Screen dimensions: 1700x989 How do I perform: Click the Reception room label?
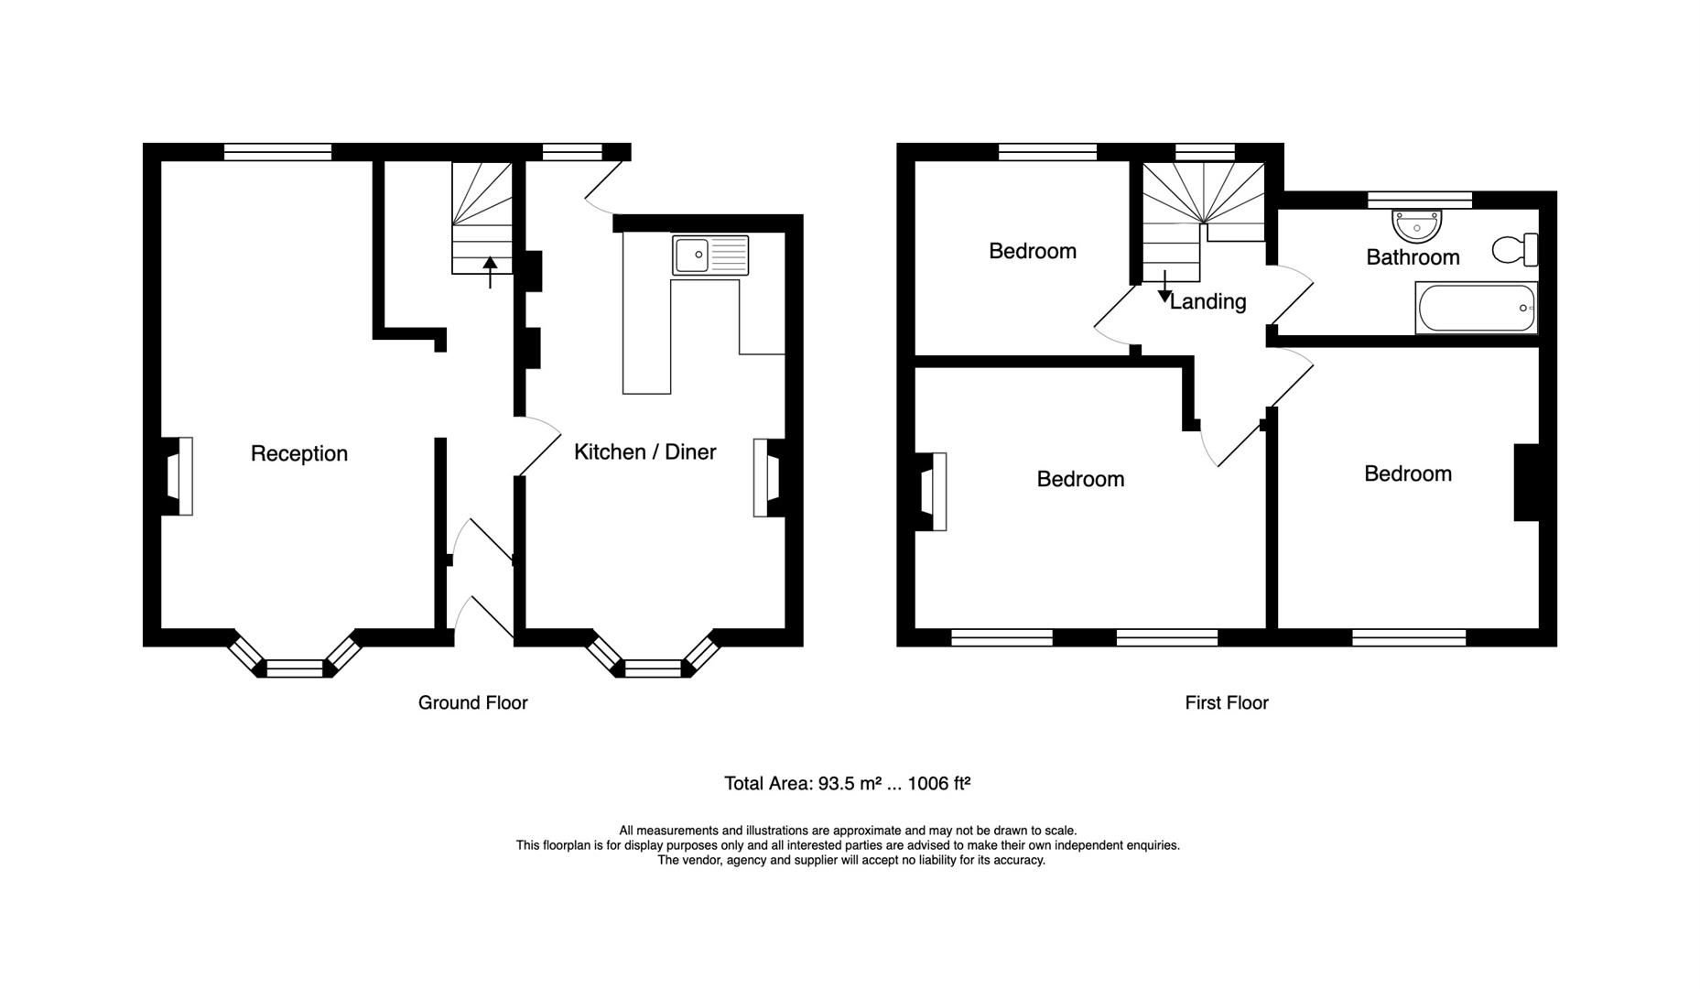(299, 453)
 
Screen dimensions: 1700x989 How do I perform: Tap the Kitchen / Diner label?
(644, 451)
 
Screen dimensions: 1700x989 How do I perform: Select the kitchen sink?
(710, 255)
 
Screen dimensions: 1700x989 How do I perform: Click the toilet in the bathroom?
(1515, 249)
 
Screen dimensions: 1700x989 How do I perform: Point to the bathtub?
(1476, 308)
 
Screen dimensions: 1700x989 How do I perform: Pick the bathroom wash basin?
(1416, 223)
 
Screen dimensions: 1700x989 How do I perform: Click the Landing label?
(1207, 301)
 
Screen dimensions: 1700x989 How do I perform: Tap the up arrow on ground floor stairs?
(490, 273)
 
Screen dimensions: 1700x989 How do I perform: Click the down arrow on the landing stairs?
(1164, 287)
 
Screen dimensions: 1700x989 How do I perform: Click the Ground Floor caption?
(472, 702)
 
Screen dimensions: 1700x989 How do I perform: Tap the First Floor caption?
(1227, 702)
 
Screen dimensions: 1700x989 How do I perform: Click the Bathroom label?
(1413, 257)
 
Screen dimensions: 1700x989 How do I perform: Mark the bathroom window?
(1420, 200)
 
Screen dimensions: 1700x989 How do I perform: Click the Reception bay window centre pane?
(295, 668)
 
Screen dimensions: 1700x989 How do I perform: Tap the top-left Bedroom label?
(1033, 251)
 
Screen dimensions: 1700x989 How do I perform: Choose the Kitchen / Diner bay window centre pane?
(653, 668)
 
